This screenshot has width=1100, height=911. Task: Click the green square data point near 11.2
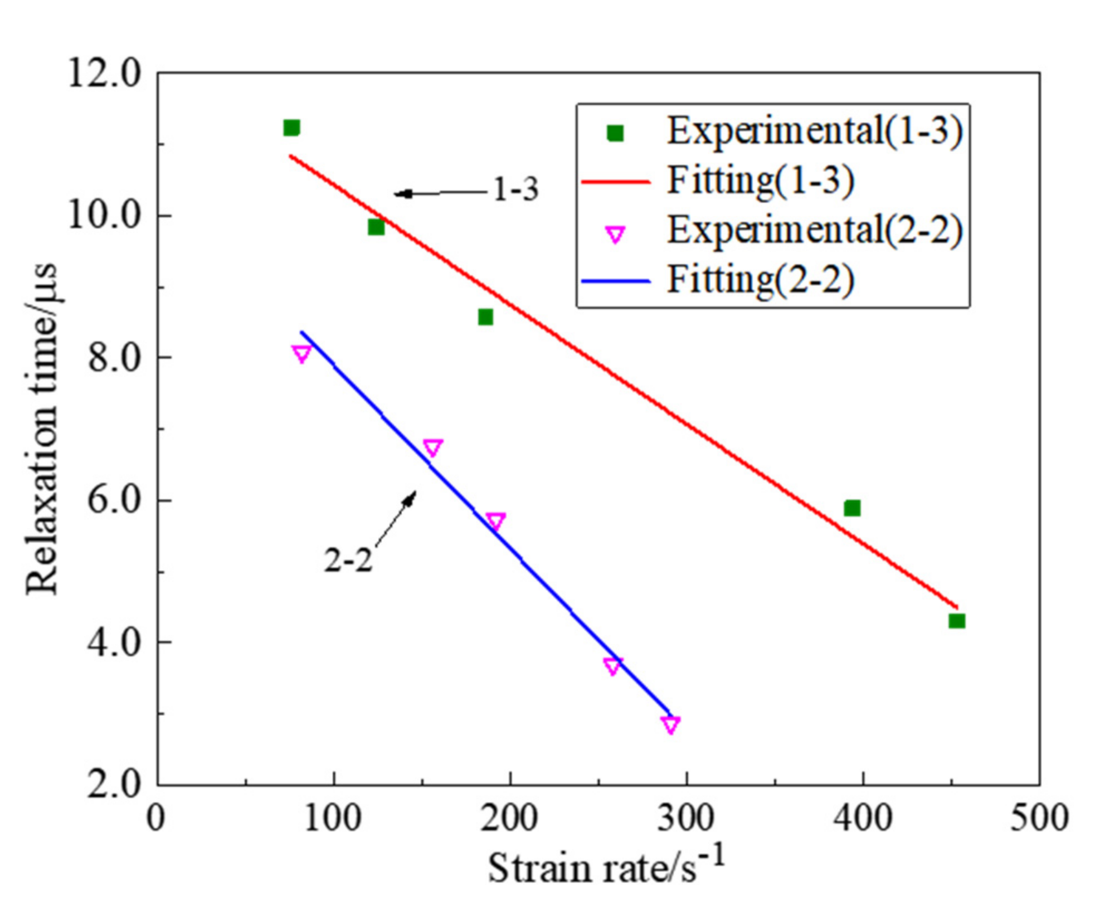coord(291,128)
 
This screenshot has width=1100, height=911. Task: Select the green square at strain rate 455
coord(957,621)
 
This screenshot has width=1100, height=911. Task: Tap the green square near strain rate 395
coord(852,508)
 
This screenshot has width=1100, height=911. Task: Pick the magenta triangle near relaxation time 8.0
coord(301,354)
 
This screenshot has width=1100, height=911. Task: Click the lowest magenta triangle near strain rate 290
coord(670,724)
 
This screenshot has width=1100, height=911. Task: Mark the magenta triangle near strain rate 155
coord(432,448)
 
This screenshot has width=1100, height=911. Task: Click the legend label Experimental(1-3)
coord(815,131)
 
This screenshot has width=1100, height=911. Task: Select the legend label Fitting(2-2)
coord(761,280)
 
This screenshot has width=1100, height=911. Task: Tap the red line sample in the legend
coord(615,182)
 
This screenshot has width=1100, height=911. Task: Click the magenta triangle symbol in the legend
coord(615,234)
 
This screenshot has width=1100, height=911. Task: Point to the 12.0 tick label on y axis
coord(104,74)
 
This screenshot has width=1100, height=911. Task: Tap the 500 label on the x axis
coord(1039,819)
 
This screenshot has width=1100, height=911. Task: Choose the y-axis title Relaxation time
coord(42,429)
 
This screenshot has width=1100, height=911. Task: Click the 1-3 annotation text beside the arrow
coord(516,190)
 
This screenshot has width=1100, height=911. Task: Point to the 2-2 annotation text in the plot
coord(348,560)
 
